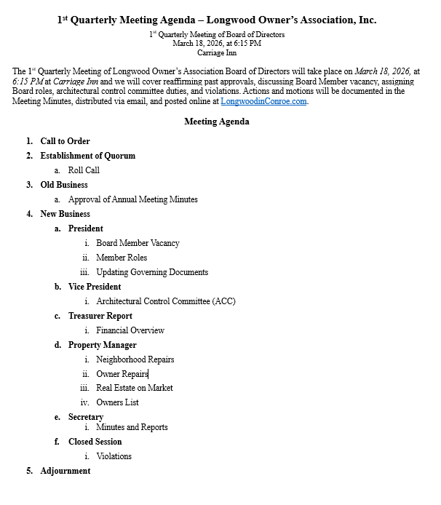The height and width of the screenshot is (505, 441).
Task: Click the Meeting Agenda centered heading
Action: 217,122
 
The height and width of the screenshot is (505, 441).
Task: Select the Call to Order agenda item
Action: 65,141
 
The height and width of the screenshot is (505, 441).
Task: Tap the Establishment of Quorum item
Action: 87,156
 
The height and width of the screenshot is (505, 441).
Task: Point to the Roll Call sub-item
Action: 84,170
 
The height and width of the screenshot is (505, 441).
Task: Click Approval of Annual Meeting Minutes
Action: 132,199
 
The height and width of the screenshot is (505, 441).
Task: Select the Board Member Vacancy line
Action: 138,243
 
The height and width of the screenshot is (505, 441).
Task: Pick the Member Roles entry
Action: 122,258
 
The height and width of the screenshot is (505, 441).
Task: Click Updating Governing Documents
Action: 152,272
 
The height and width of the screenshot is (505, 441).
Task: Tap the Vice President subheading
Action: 95,287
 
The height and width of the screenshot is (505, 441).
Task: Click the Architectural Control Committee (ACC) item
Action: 166,301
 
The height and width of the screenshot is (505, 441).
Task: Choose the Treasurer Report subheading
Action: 100,316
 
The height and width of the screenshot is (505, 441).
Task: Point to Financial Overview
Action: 130,330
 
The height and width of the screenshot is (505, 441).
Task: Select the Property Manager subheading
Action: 102,345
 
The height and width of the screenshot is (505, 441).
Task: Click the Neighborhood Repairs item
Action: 135,359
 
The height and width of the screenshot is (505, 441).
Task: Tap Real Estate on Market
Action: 135,388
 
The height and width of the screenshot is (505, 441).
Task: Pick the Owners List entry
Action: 117,402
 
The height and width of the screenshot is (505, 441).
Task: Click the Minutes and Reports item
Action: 132,427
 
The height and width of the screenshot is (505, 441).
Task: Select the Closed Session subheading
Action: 95,442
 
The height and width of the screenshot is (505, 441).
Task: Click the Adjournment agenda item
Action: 65,471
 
